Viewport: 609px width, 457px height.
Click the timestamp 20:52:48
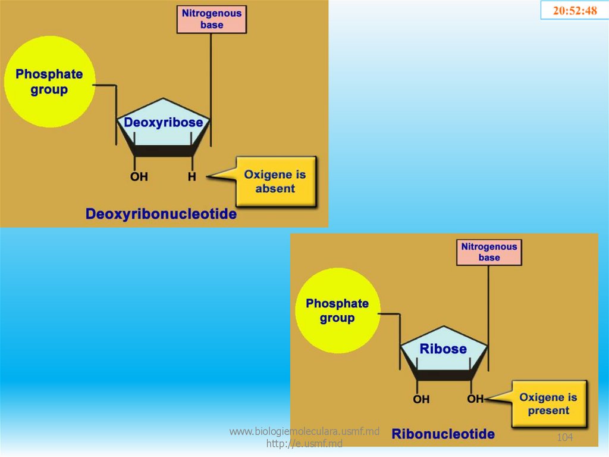575,10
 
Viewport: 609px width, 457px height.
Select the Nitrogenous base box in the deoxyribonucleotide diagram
212,19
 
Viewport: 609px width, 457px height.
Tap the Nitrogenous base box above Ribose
489,252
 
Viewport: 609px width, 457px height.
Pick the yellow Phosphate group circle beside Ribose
337,310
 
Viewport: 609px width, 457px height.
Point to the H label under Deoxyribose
192,177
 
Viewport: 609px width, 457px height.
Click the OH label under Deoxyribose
139,177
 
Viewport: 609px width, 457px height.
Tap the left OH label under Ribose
421,399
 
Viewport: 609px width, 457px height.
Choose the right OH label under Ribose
475,399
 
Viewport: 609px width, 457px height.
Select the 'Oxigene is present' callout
548,404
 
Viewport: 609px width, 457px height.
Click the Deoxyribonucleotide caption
161,214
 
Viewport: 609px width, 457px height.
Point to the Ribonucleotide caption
443,434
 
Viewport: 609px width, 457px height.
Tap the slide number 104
564,438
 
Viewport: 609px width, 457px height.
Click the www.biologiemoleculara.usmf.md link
304,431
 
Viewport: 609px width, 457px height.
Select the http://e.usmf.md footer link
304,443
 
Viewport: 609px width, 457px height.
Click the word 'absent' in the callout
275,189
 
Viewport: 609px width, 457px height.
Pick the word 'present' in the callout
548,411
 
